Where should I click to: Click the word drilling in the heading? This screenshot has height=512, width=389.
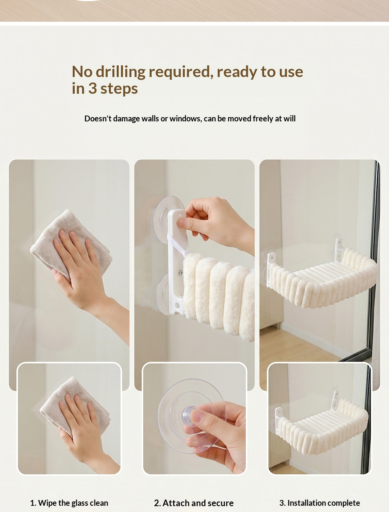[x=121, y=72]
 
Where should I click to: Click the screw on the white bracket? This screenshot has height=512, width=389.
[x=180, y=272]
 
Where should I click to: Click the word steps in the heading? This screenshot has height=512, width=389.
[x=119, y=89]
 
